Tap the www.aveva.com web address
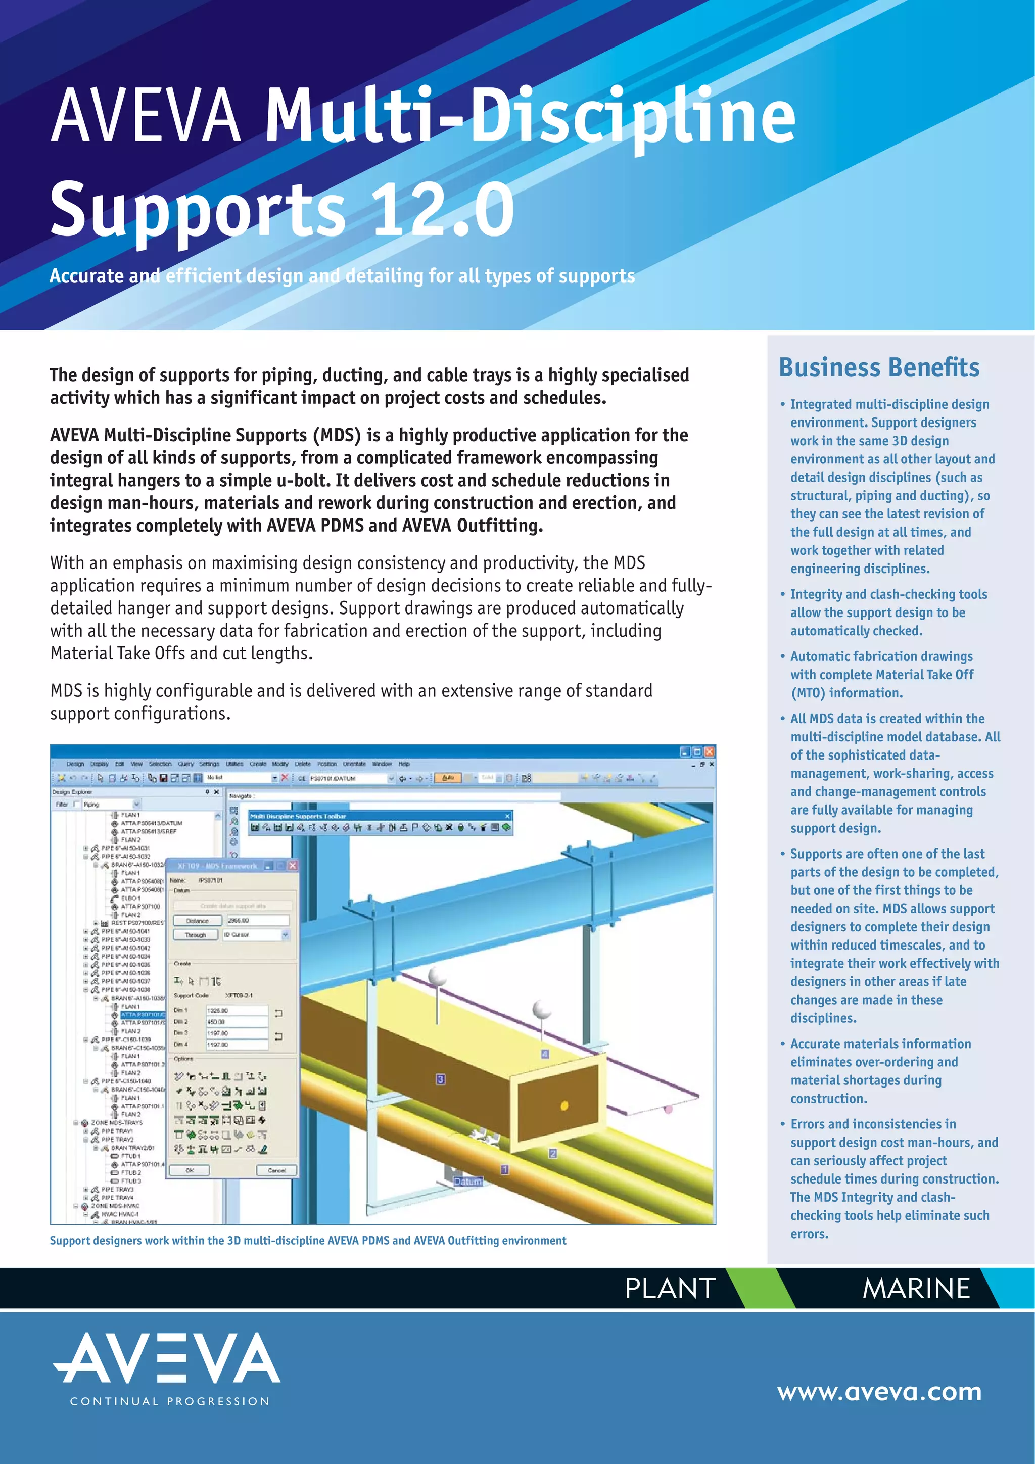pyautogui.click(x=879, y=1391)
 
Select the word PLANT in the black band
pyautogui.click(x=670, y=1288)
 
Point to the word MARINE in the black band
pyautogui.click(x=916, y=1288)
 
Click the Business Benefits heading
pyautogui.click(x=879, y=368)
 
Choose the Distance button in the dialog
pyautogui.click(x=198, y=921)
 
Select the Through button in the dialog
pyautogui.click(x=196, y=935)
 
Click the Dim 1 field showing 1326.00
pyautogui.click(x=236, y=1011)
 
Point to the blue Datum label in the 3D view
pyautogui.click(x=467, y=1182)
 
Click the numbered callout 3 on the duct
pyautogui.click(x=441, y=1079)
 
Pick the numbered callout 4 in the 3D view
pyautogui.click(x=545, y=1054)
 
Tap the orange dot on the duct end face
pyautogui.click(x=563, y=1106)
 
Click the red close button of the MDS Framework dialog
pyautogui.click(x=293, y=865)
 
